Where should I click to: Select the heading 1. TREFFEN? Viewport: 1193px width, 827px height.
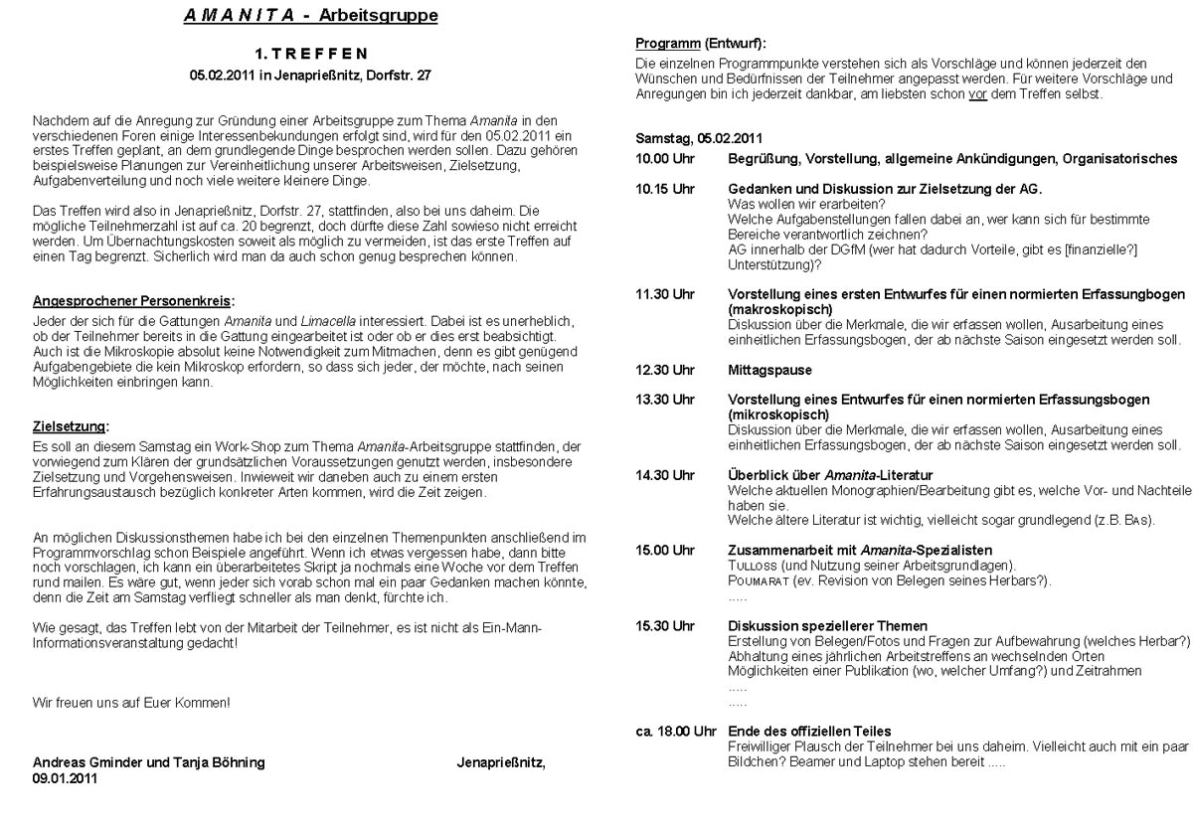pyautogui.click(x=310, y=53)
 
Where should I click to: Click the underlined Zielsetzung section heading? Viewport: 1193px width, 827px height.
pyautogui.click(x=71, y=427)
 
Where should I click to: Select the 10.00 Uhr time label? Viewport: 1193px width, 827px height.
pyautogui.click(x=665, y=159)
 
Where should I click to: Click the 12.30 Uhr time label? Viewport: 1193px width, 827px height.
pyautogui.click(x=665, y=370)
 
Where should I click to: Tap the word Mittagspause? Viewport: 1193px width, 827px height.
pyautogui.click(x=769, y=370)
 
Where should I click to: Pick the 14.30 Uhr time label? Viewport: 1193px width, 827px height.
pyautogui.click(x=665, y=475)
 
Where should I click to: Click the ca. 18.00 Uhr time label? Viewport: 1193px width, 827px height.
pyautogui.click(x=675, y=732)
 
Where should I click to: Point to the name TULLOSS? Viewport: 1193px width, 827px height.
pyautogui.click(x=757, y=566)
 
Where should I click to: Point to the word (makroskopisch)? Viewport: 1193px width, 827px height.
pyautogui.click(x=779, y=309)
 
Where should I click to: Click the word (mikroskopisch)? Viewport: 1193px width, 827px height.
pyautogui.click(x=778, y=414)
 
